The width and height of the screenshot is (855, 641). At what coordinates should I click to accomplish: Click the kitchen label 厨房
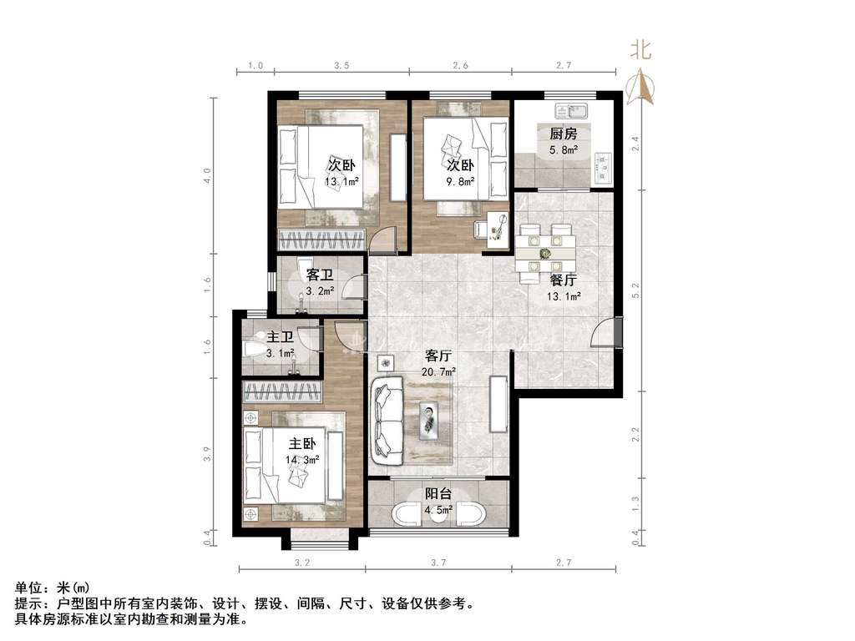(564, 134)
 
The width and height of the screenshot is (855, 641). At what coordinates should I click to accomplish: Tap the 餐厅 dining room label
(564, 280)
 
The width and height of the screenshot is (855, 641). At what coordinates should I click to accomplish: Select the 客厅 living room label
(438, 356)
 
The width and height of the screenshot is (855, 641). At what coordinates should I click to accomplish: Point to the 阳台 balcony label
(438, 494)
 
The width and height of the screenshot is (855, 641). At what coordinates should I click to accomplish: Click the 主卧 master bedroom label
(302, 444)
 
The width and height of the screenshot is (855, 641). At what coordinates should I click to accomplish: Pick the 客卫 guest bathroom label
(320, 275)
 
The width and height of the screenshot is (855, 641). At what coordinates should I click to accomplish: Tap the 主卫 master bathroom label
(281, 338)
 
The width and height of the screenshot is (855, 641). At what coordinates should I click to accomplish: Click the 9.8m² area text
(460, 182)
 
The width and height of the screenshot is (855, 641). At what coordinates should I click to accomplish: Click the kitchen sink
(570, 111)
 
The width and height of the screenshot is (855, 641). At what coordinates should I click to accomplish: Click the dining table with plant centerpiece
(545, 253)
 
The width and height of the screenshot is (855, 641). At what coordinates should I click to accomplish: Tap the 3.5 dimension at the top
(341, 65)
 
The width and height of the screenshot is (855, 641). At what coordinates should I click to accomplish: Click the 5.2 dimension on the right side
(635, 290)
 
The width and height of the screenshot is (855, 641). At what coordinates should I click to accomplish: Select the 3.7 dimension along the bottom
(438, 563)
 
